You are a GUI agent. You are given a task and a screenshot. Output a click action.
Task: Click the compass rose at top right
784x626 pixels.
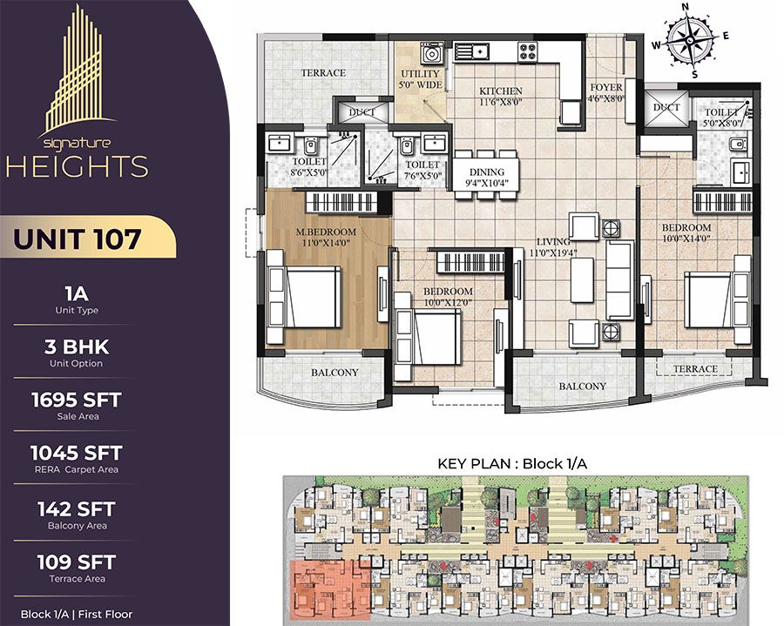[x=690, y=40]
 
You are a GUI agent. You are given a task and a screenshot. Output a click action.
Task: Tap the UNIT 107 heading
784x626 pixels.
[x=77, y=239]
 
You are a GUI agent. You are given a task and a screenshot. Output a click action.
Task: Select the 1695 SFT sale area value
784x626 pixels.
[x=77, y=400]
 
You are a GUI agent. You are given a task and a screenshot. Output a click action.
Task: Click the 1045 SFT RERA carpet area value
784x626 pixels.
[x=77, y=453]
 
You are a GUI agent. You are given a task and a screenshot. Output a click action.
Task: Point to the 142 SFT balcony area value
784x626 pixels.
[x=77, y=509]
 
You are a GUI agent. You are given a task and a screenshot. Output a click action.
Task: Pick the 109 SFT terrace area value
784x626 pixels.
[x=77, y=562]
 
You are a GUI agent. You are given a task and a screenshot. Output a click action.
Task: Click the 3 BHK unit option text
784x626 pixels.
[x=77, y=347]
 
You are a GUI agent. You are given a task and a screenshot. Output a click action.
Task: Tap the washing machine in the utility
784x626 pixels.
[x=431, y=53]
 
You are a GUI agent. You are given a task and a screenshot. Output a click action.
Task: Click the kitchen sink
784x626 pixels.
[x=471, y=51]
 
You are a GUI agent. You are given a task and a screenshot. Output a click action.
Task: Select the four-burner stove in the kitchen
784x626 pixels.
[x=528, y=51]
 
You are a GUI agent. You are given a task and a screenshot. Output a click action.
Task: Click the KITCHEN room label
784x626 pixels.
[x=501, y=91]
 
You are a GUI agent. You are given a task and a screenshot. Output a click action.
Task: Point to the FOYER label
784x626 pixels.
[x=606, y=87]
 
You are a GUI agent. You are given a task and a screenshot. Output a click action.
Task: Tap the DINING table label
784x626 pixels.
[x=486, y=172]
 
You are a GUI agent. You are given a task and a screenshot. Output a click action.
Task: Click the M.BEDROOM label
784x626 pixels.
[x=326, y=232]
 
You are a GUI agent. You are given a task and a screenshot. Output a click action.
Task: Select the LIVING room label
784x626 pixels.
[x=553, y=241]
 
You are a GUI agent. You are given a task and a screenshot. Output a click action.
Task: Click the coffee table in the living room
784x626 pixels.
[x=582, y=280]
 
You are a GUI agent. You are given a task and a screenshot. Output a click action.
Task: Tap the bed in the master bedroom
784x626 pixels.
[x=305, y=297]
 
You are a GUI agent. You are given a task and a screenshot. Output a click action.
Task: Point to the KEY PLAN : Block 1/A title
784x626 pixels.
[x=512, y=464]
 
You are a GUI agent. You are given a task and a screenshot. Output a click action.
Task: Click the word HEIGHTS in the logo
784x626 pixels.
[x=78, y=166]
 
